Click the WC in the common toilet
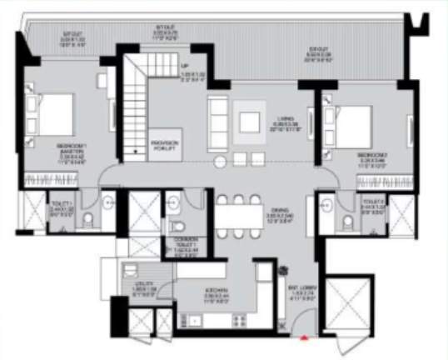pos(177,227)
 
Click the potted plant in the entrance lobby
pos(284,271)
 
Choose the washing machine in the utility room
pos(131,269)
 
